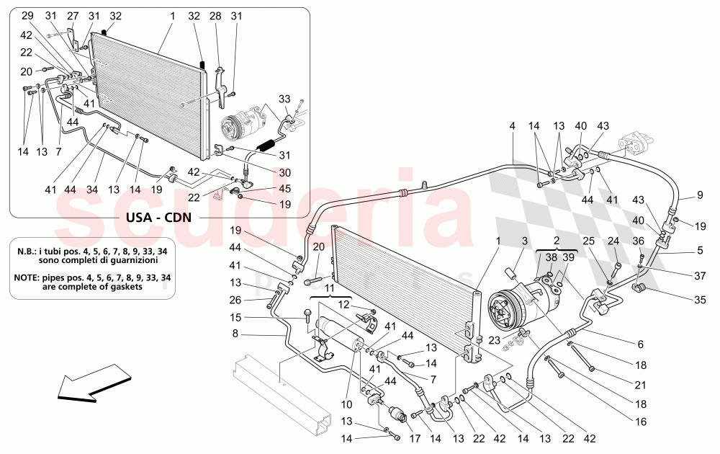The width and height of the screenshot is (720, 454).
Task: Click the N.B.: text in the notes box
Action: coord(31,252)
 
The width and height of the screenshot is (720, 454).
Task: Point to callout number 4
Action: coord(513,125)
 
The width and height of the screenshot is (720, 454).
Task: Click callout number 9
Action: coord(699,194)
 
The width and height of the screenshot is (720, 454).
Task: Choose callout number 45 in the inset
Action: coord(266,190)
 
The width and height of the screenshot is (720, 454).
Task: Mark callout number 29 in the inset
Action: coord(27,15)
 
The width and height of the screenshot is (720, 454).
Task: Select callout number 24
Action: coord(613,241)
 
